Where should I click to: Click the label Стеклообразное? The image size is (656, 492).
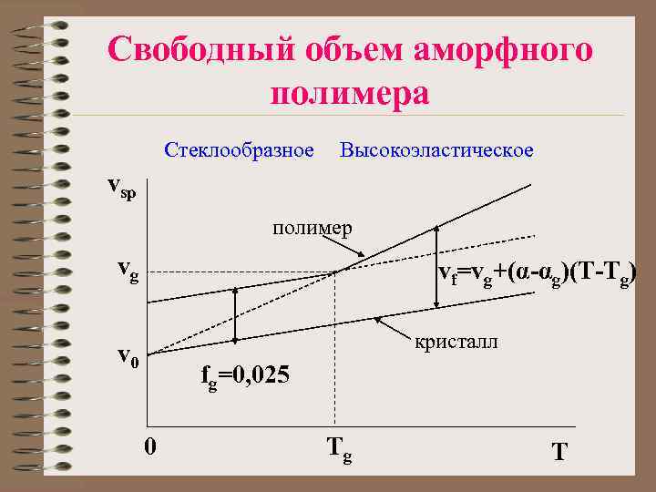coord(240,149)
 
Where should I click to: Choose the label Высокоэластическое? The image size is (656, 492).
coord(436,149)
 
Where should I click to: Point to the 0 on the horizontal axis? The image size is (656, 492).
coord(152,446)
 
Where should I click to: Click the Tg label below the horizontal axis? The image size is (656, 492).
coord(339,447)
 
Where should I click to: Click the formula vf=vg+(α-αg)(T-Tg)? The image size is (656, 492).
coord(537,273)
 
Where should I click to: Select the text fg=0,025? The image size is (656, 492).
coord(245,375)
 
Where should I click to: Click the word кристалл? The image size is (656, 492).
coord(456,343)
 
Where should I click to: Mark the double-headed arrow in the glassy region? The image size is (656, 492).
coord(235,314)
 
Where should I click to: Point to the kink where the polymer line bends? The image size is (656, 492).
coord(335,272)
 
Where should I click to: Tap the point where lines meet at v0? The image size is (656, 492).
coord(149,354)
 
